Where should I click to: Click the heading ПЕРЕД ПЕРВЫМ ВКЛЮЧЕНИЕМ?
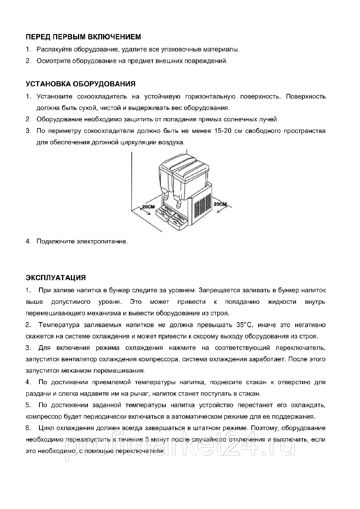click(x=83, y=37)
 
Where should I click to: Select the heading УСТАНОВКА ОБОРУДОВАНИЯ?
click(x=80, y=84)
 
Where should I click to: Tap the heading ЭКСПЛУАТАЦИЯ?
click(x=56, y=278)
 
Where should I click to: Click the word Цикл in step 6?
click(x=46, y=429)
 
